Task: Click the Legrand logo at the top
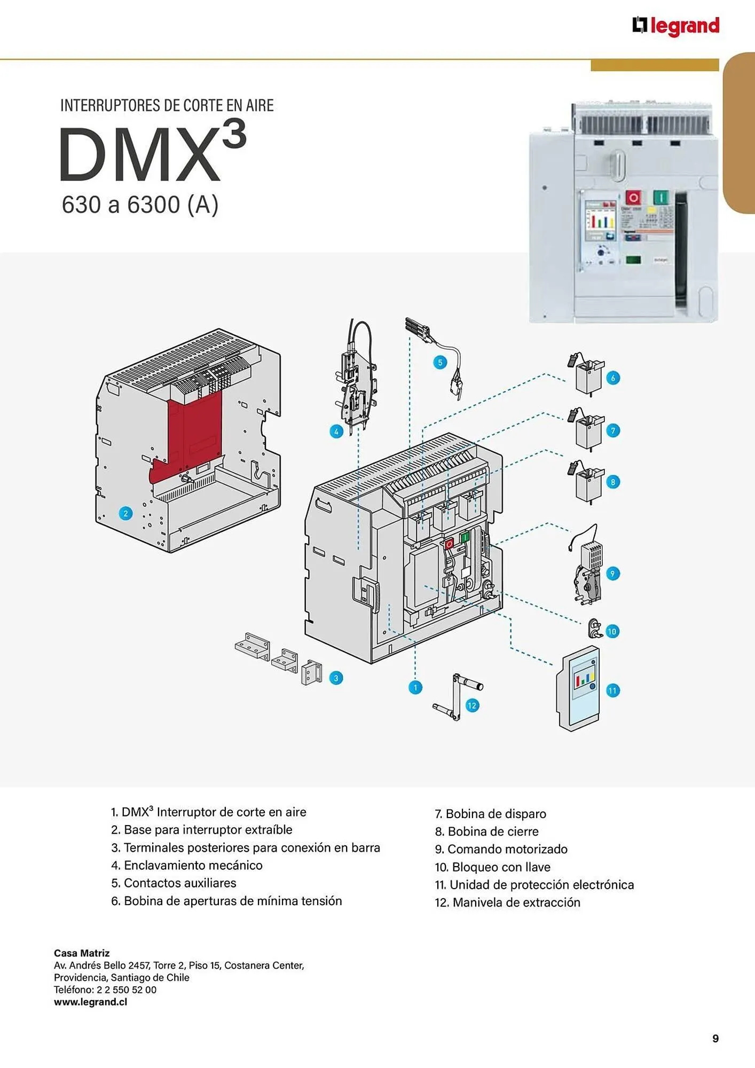click(x=676, y=26)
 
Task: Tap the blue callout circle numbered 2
click(x=125, y=514)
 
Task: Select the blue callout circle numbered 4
click(x=336, y=431)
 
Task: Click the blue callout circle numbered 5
click(x=440, y=363)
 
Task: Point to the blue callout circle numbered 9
click(x=612, y=574)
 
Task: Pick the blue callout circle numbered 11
click(x=612, y=690)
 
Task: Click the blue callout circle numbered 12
click(x=471, y=705)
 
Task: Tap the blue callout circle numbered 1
click(x=415, y=688)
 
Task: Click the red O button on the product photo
click(x=634, y=198)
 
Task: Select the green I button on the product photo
click(x=660, y=198)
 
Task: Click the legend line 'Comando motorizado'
click(x=501, y=849)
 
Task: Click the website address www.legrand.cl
click(x=91, y=1002)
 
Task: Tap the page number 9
click(x=715, y=1038)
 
